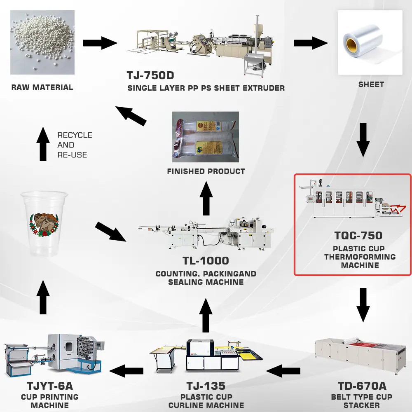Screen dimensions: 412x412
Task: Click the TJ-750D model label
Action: [x=150, y=75]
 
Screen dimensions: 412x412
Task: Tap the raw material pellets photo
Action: [x=42, y=42]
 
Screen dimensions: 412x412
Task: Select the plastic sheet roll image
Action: [x=370, y=42]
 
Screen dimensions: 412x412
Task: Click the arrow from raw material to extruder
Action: [x=100, y=43]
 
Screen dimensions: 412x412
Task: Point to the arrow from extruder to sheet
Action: [x=311, y=43]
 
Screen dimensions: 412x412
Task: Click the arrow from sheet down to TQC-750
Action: [x=363, y=140]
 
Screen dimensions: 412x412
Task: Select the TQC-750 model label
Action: [x=358, y=235]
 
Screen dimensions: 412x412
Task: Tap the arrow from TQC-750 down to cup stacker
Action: [x=363, y=305]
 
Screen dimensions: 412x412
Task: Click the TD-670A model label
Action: [x=362, y=386]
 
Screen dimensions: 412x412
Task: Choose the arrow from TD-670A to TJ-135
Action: [x=283, y=371]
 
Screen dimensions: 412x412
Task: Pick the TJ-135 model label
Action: [x=206, y=386]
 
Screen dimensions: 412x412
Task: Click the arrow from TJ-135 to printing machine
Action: [x=126, y=371]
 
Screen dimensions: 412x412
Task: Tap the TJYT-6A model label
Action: [x=50, y=386]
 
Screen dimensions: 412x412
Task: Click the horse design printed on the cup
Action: [x=44, y=225]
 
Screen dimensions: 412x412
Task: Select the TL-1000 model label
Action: [x=206, y=261]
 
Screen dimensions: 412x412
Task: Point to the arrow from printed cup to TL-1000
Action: [x=110, y=232]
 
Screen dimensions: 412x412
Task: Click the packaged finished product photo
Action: [x=206, y=137]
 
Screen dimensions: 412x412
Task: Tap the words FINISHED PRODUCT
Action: [x=206, y=171]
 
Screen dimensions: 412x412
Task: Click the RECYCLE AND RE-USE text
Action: [x=75, y=145]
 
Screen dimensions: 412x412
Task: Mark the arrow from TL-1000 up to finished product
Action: [x=206, y=199]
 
